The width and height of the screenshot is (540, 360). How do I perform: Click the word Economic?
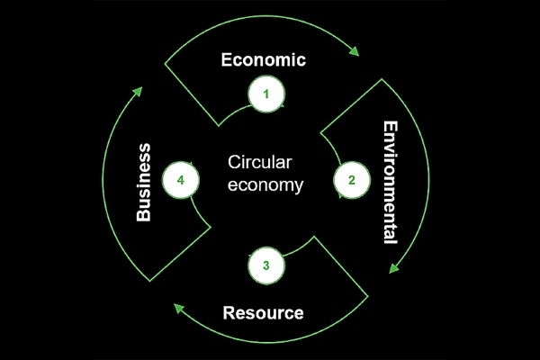264,59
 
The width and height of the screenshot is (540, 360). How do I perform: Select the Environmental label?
391,182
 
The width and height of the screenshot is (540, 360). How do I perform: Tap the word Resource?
263,313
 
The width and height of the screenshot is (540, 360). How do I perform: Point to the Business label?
144,182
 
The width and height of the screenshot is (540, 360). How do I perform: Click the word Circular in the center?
260,162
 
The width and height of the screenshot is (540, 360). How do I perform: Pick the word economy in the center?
265,185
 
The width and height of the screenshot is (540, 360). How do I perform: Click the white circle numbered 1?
266,94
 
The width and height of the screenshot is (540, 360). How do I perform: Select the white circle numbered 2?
352,180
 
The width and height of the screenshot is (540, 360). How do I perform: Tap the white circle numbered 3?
266,265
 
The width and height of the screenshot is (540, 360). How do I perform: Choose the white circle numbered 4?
181,180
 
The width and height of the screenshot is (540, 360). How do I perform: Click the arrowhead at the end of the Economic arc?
355,51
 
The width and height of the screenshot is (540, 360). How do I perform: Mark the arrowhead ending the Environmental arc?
393,268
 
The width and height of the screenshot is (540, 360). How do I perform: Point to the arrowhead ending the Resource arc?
178,308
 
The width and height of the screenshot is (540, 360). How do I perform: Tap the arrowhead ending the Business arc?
138,91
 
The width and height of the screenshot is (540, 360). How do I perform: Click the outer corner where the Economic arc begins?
165,64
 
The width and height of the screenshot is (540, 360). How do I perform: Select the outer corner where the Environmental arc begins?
382,79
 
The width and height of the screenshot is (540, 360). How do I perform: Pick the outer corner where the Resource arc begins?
368,296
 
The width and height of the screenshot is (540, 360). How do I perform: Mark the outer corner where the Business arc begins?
149,281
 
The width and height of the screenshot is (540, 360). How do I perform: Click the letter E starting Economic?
226,59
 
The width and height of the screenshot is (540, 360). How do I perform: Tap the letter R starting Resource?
229,313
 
